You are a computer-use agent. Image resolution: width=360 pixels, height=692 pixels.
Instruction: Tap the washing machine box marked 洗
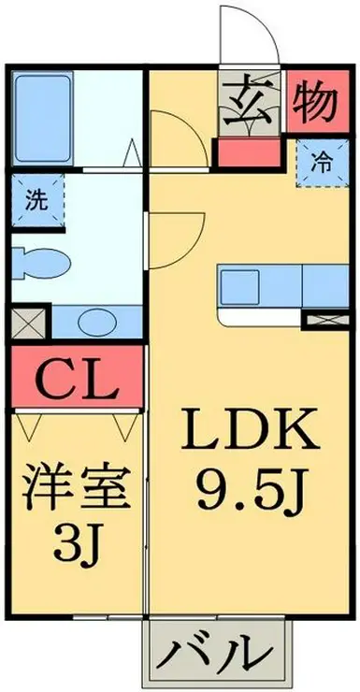[x=35, y=199]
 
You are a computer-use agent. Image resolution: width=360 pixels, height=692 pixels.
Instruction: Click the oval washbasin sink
[x=94, y=322]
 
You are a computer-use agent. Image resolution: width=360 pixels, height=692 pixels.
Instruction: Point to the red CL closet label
[x=77, y=380]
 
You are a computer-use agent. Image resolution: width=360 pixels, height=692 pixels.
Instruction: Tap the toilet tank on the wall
[x=21, y=263]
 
